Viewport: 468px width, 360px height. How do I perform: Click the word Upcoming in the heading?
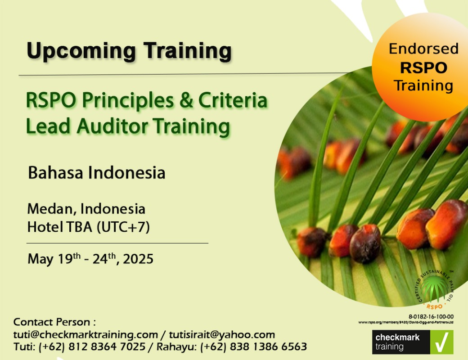click(x=81, y=51)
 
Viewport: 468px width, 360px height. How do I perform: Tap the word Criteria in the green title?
click(x=233, y=100)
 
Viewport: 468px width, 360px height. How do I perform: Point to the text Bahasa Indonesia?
click(x=96, y=173)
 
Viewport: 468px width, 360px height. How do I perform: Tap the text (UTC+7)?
click(x=123, y=227)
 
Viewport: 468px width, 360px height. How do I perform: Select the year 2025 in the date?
click(x=138, y=259)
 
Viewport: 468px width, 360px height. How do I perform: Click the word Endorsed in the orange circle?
click(x=423, y=49)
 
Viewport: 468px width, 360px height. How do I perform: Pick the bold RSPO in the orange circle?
click(x=423, y=68)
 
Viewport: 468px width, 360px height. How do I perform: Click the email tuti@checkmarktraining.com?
click(x=85, y=335)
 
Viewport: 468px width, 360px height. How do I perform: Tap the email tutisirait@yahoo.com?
click(x=222, y=335)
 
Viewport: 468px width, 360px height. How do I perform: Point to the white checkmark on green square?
click(x=442, y=342)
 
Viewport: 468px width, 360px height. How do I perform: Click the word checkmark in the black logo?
click(x=397, y=337)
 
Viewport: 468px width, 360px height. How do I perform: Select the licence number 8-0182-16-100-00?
click(x=431, y=317)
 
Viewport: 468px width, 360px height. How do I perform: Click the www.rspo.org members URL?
click(x=406, y=322)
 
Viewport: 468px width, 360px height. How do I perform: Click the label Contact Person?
click(x=52, y=322)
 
